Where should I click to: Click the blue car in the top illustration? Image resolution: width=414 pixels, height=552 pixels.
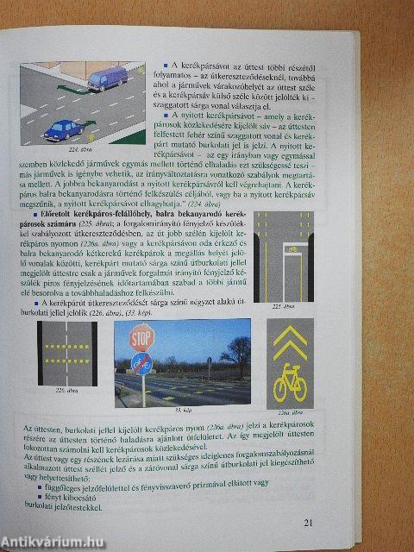pos(63,129)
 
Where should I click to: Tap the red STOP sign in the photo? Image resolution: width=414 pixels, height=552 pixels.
pos(142,337)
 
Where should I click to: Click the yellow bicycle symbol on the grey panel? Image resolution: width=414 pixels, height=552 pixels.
pos(290,383)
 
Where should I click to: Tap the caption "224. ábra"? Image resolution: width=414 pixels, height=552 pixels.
pos(55,147)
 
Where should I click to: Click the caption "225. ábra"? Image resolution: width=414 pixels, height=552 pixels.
pos(284,306)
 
